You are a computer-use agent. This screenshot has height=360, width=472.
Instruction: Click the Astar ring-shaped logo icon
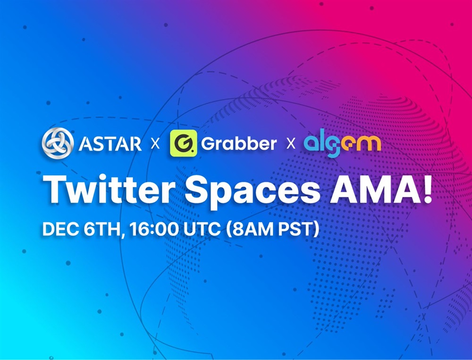click(x=58, y=143)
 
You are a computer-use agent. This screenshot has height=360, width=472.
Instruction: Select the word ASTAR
click(x=110, y=144)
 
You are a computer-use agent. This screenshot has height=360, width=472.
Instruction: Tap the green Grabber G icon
click(x=183, y=143)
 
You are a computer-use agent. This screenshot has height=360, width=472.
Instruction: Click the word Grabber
click(x=239, y=143)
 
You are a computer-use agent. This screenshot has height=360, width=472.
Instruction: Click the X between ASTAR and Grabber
click(x=155, y=144)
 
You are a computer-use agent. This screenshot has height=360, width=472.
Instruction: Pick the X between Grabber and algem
click(x=291, y=144)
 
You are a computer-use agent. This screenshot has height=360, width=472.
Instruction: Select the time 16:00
click(x=154, y=230)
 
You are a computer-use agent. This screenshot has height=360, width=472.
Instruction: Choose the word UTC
click(x=202, y=230)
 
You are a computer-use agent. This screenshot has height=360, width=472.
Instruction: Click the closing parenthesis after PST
click(x=316, y=230)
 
